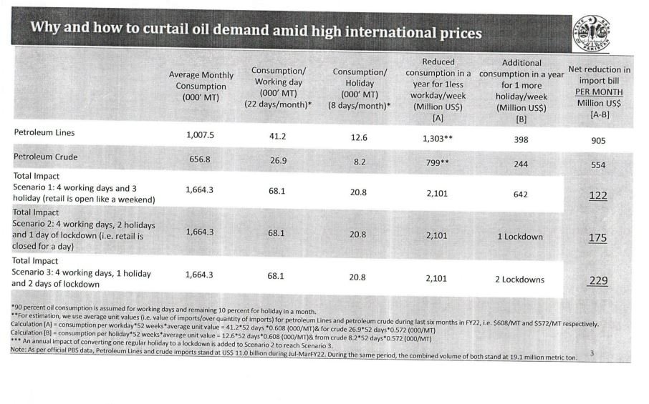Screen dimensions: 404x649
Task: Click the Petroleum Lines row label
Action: (44, 132)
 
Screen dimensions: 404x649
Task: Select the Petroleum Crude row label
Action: (46, 157)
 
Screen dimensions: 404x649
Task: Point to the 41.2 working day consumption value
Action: (277, 135)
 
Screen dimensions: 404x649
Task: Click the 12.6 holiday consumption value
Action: (359, 137)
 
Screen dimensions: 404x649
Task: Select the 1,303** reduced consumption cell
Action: (437, 139)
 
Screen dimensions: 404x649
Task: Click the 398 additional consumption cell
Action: (521, 140)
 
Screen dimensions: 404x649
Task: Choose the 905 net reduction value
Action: (597, 142)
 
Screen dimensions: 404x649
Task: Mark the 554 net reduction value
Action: (597, 165)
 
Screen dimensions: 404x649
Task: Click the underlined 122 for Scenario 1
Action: (597, 194)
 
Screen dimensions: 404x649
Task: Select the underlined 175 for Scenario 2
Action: (597, 237)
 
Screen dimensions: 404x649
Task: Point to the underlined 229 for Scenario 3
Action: (597, 280)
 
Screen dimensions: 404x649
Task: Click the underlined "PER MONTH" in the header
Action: (598, 92)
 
